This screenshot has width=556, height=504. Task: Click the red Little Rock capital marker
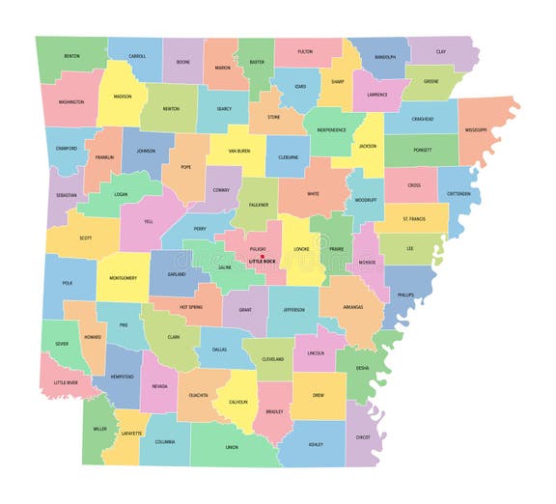(262, 256)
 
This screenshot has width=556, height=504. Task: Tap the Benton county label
(72, 56)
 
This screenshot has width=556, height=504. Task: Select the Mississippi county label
(476, 128)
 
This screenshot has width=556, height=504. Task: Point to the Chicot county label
(363, 437)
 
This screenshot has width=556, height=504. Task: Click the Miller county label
(100, 428)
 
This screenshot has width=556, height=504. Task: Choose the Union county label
(232, 447)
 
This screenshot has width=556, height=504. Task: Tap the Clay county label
(441, 52)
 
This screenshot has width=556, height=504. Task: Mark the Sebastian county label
(66, 194)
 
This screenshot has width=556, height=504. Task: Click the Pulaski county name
(258, 248)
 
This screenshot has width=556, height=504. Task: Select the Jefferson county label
(293, 310)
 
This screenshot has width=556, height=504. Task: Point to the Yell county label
(149, 220)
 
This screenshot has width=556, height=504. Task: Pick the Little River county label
(67, 382)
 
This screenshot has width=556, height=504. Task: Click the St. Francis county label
(413, 218)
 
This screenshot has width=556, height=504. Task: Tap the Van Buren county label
(239, 151)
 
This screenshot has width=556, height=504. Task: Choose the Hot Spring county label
(189, 306)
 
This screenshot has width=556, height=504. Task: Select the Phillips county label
(405, 294)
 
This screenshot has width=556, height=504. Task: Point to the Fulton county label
(305, 51)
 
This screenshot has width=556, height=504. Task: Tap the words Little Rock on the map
(262, 262)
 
